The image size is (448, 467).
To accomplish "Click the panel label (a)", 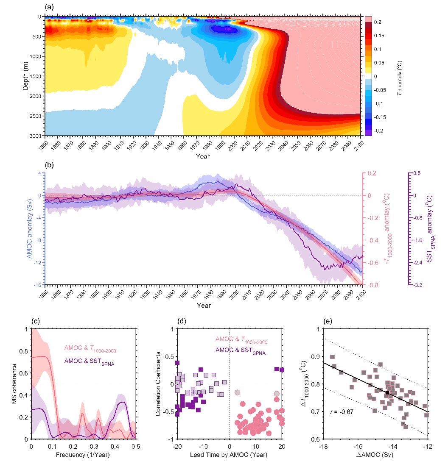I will pos(50,7).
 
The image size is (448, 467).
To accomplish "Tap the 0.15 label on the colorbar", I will pos(379,36).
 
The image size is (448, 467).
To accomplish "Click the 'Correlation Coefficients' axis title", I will pos(158,384).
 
